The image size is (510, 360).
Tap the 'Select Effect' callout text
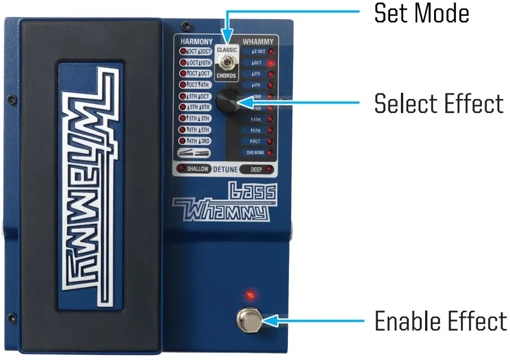click(438, 103)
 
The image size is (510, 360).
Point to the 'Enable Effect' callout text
click(440, 321)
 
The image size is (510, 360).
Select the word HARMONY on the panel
click(196, 42)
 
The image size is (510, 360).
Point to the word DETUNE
click(225, 169)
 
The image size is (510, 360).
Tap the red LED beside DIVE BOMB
click(271, 152)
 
